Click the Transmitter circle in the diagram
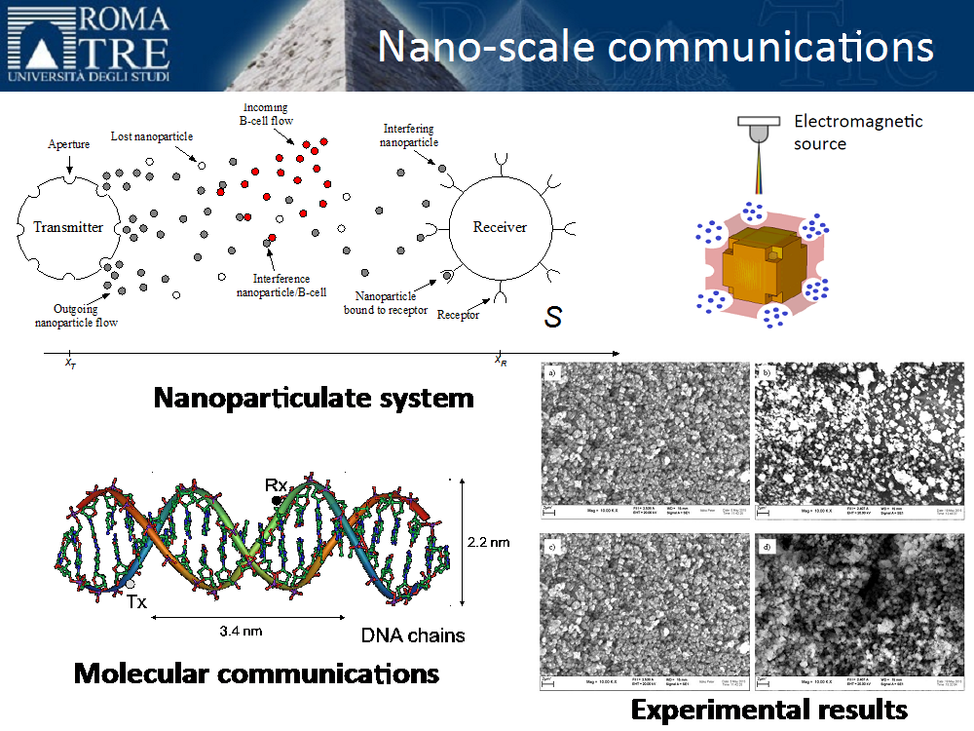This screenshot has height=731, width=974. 68,227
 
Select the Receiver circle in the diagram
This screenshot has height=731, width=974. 500,227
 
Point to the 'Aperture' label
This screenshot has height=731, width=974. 68,144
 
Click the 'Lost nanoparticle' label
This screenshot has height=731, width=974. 151,136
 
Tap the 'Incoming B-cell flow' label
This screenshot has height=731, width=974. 266,114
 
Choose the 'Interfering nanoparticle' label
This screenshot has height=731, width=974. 409,135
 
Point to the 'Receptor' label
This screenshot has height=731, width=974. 458,315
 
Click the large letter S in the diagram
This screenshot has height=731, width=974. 553,316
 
